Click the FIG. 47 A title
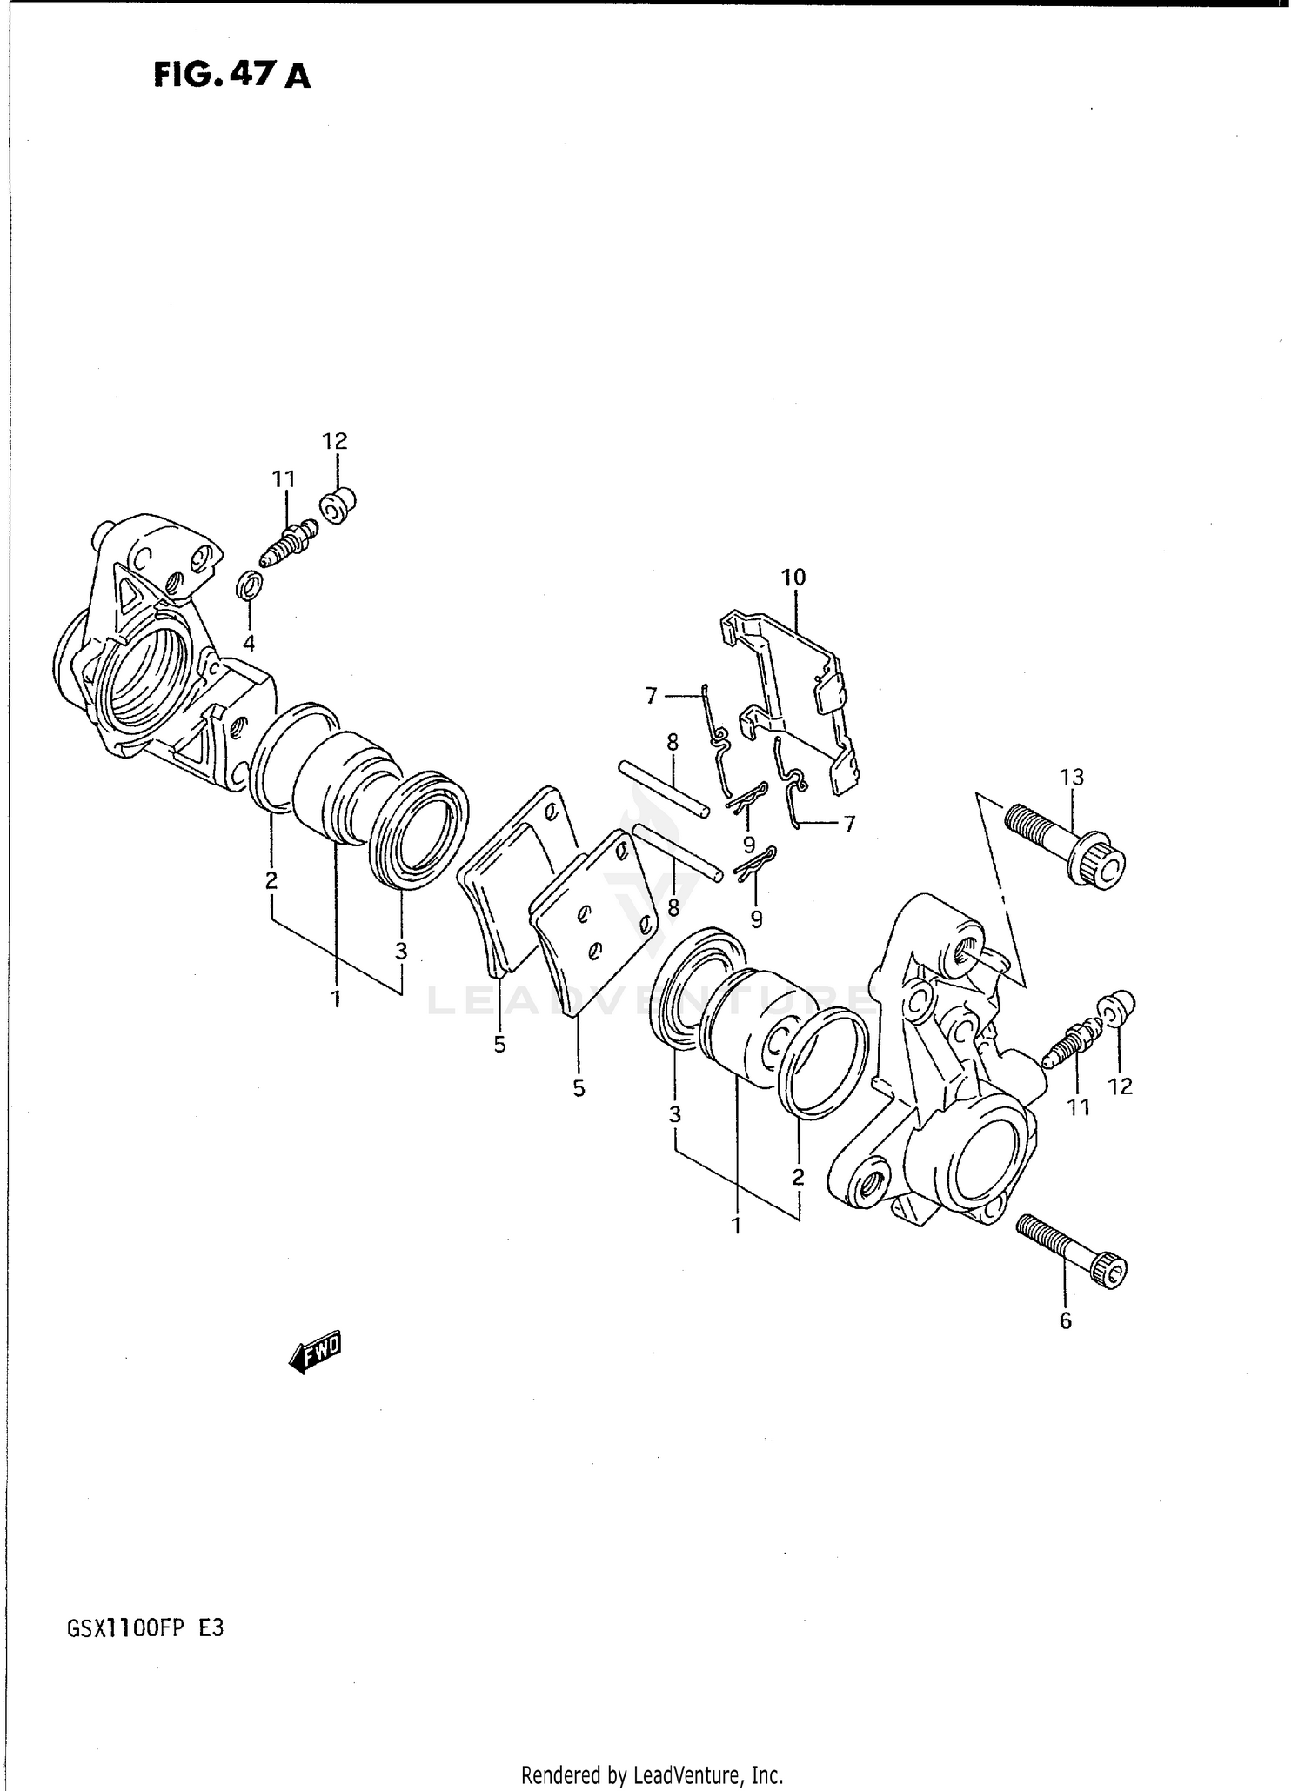coord(231,77)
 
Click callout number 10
coord(793,577)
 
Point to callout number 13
coord(1072,777)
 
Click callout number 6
coord(1066,1321)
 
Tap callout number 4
coord(249,644)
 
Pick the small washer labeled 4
coord(249,585)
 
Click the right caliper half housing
coord(940,1087)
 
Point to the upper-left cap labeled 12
coord(338,505)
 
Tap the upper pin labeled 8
coord(663,788)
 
